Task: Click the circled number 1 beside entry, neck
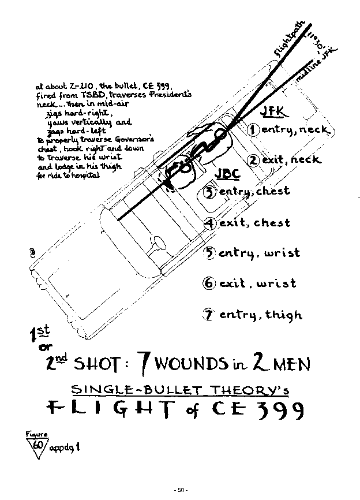pyautogui.click(x=253, y=129)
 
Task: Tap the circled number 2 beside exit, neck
pyautogui.click(x=253, y=160)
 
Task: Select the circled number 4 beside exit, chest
pyautogui.click(x=210, y=222)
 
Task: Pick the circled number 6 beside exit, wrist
pyautogui.click(x=209, y=283)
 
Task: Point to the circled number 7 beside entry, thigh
pyautogui.click(x=208, y=315)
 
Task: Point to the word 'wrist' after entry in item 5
pyautogui.click(x=281, y=253)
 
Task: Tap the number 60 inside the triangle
pyautogui.click(x=37, y=445)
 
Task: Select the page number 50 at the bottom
pyautogui.click(x=180, y=490)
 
